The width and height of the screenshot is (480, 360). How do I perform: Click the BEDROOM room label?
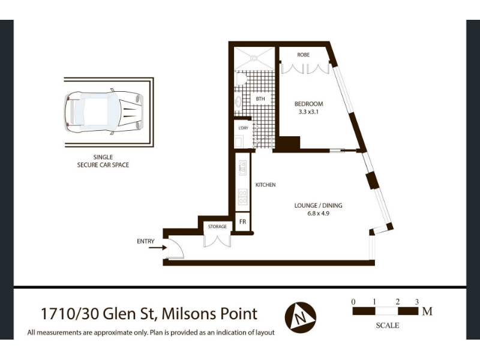308,104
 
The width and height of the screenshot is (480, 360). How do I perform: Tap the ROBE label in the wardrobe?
303,55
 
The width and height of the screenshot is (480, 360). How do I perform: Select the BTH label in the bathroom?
260,99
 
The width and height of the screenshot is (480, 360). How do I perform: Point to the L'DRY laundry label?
244,128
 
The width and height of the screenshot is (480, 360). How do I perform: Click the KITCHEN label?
265,185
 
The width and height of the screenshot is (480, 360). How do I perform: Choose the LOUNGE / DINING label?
318,205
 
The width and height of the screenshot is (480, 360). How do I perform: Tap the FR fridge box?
243,221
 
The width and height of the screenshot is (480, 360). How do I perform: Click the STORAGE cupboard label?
217,227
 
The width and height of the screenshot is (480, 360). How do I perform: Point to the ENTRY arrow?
157,247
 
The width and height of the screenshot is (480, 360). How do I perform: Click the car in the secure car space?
104,112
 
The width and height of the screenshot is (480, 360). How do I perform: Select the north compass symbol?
301,317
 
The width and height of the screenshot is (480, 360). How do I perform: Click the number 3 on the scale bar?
416,302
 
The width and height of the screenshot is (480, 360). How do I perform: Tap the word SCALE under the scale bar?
387,325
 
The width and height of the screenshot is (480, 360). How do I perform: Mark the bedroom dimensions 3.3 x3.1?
308,112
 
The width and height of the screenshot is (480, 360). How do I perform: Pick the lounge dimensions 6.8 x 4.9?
318,214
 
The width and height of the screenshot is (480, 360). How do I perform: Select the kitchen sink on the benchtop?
242,168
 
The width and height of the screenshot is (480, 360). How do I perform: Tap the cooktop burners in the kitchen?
242,197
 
